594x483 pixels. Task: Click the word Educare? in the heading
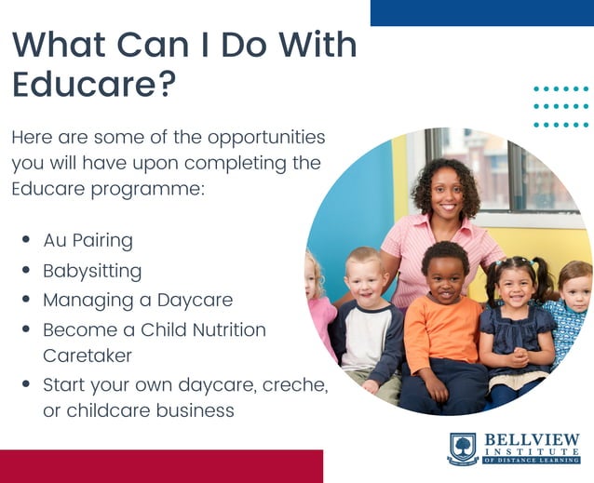94,85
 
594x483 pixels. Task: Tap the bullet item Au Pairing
88,240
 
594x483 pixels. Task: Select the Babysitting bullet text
92,271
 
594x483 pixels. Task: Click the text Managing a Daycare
137,301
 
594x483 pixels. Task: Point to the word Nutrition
223,330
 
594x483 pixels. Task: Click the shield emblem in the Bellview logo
463,449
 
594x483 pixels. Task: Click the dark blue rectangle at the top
481,12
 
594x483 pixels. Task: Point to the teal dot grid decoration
560,106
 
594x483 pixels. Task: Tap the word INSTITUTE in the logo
531,452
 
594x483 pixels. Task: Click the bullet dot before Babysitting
26,271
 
